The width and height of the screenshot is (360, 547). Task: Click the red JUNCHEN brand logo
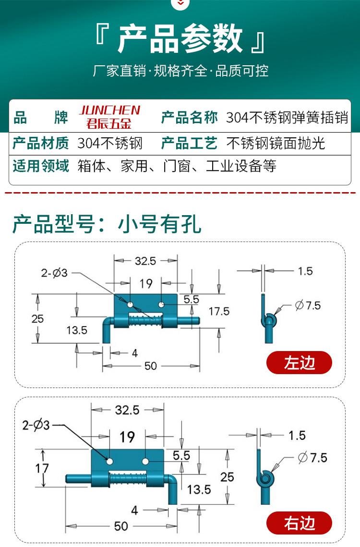click(x=109, y=117)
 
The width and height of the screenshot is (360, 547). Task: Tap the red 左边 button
click(x=299, y=363)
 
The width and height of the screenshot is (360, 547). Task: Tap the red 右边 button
click(x=299, y=523)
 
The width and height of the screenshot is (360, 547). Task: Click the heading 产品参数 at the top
click(x=180, y=39)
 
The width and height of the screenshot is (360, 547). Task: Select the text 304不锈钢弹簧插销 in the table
click(x=287, y=118)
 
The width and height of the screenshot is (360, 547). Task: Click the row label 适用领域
click(x=41, y=166)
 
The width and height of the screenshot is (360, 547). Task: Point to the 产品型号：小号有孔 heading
click(x=107, y=224)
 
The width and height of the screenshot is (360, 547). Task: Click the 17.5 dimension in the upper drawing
click(x=219, y=311)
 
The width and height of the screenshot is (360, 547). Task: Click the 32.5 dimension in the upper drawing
click(x=145, y=261)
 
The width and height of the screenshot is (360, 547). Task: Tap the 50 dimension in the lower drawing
click(x=121, y=526)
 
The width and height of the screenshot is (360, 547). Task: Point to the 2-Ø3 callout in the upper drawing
click(x=54, y=273)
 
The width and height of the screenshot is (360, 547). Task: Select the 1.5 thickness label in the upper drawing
click(x=305, y=271)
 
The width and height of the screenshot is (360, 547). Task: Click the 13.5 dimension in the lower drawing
click(x=199, y=489)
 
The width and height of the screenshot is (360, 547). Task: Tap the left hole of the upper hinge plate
click(x=130, y=305)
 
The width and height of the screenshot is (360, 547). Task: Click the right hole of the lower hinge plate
click(x=144, y=462)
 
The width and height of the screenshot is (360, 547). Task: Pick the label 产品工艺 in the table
click(x=189, y=143)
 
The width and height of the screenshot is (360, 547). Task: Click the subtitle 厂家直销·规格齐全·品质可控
click(x=180, y=71)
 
